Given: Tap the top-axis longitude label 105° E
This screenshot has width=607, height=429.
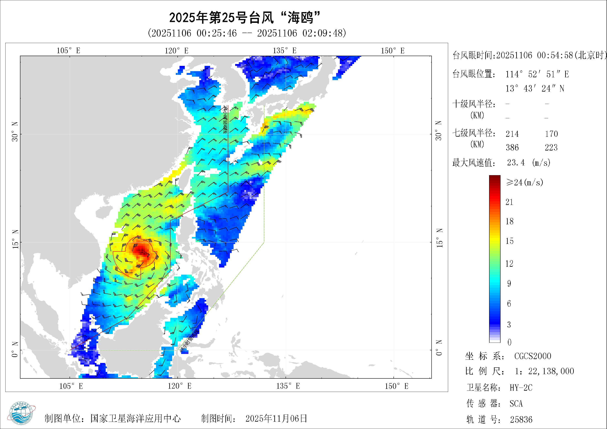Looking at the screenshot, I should point(69,51).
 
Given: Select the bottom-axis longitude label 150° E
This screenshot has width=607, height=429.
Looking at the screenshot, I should point(396,386).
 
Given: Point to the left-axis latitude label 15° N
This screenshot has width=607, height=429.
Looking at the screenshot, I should point(15,239).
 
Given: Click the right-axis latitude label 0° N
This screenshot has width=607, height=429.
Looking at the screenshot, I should point(439,348).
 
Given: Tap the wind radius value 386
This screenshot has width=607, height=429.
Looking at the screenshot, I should point(512,147).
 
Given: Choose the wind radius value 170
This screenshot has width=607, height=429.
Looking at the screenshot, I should point(552,134).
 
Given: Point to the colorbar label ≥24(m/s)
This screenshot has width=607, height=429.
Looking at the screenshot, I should point(525,182).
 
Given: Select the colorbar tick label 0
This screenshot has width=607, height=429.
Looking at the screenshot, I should point(510,343).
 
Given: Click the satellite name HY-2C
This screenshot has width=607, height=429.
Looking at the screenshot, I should point(521,388).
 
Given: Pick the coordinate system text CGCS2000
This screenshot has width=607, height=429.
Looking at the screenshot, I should point(533,356).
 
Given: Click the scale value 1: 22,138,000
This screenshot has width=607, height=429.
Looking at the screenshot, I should point(544,371).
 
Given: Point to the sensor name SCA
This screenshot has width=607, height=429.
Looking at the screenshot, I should point(516,404).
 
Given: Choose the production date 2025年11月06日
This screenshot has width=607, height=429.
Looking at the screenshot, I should point(276,418).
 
